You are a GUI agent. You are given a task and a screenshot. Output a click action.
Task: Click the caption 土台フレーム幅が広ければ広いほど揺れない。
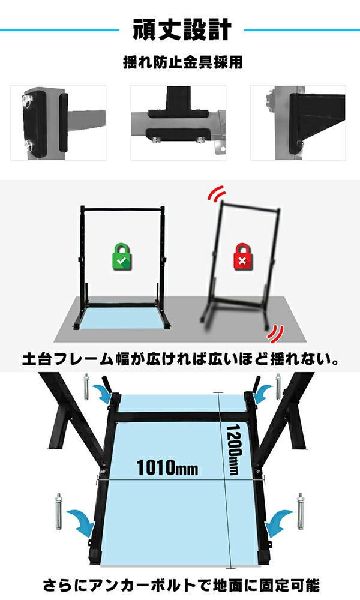(180, 361)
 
